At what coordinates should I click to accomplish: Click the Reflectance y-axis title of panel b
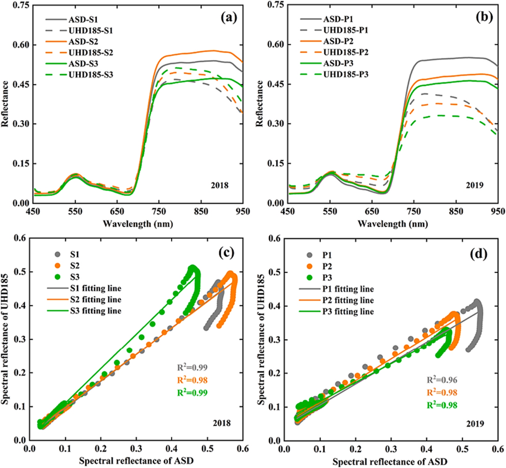coord(257,103)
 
